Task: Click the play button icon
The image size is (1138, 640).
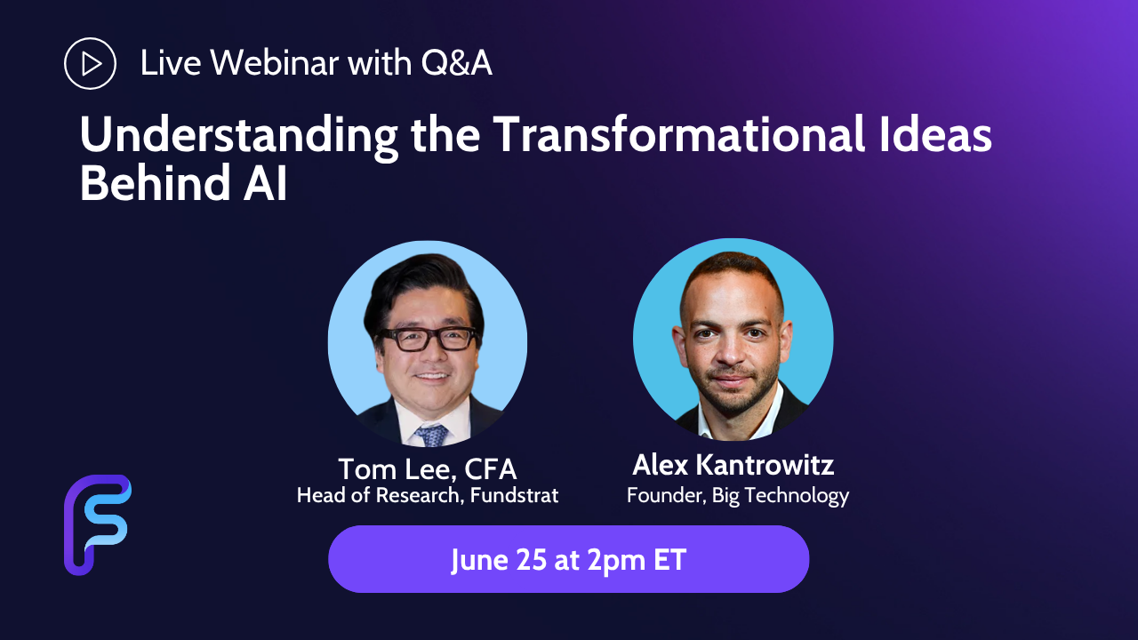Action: tap(90, 63)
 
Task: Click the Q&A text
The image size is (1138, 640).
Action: tap(456, 63)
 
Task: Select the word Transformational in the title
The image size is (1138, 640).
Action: tap(678, 134)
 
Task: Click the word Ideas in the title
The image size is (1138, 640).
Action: tap(936, 134)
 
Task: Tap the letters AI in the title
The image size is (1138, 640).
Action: tap(265, 183)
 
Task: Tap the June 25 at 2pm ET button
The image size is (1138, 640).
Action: tap(568, 559)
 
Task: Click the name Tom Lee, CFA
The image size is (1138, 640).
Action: tap(428, 468)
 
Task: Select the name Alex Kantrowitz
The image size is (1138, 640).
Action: tap(733, 464)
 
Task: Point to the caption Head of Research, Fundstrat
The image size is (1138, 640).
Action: tap(428, 495)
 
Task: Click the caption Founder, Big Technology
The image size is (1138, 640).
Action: tap(738, 496)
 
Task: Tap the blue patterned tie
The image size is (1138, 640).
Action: tap(431, 436)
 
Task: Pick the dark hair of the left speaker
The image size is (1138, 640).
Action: tap(421, 284)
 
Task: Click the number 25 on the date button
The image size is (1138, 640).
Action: tap(532, 559)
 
